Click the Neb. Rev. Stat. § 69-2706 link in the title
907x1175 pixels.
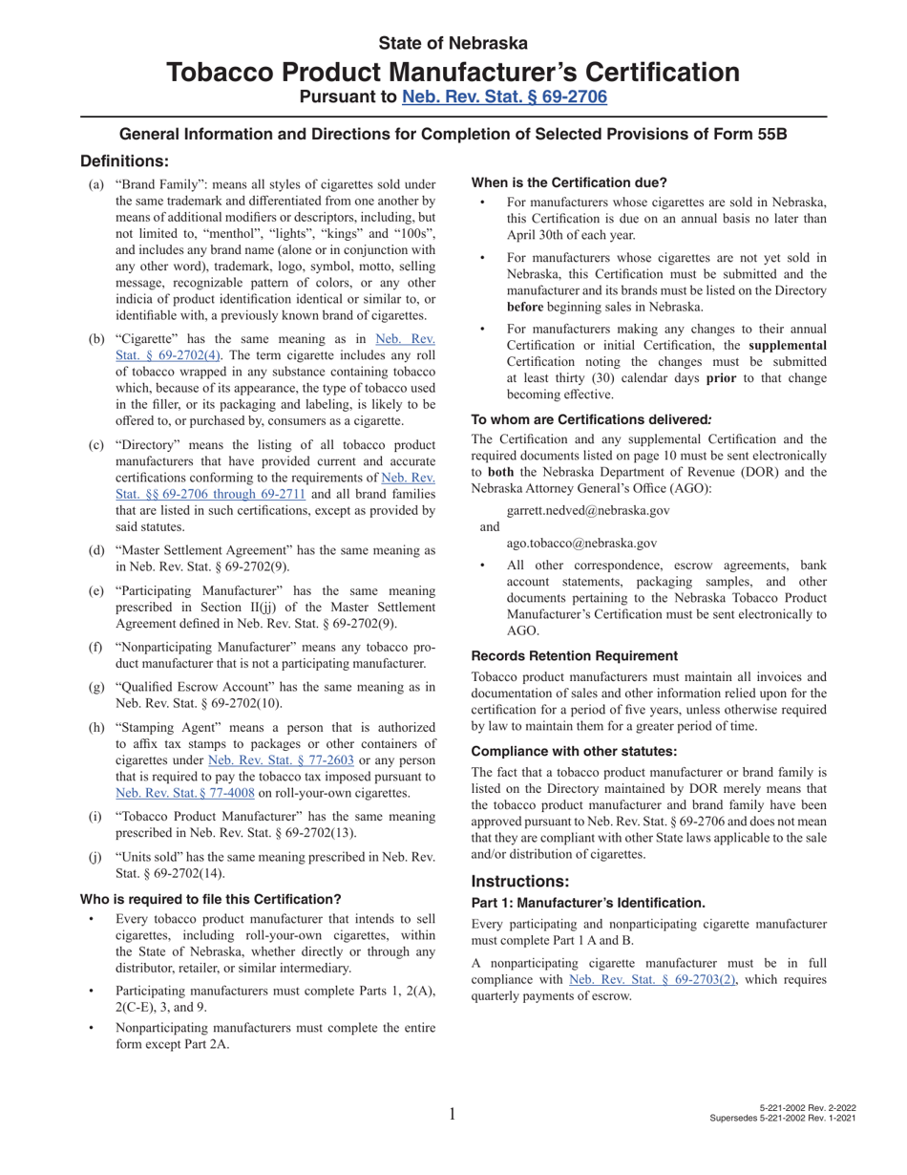504,96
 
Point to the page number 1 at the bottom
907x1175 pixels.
453,1112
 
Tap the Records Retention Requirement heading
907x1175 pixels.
575,655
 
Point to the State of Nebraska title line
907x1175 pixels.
453,43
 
